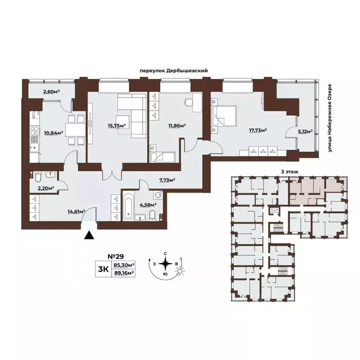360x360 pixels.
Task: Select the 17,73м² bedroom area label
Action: coord(258,131)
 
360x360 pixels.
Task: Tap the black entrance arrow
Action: coord(88,235)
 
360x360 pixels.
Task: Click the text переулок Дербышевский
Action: coord(173,70)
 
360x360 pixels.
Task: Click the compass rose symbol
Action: coord(165,265)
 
